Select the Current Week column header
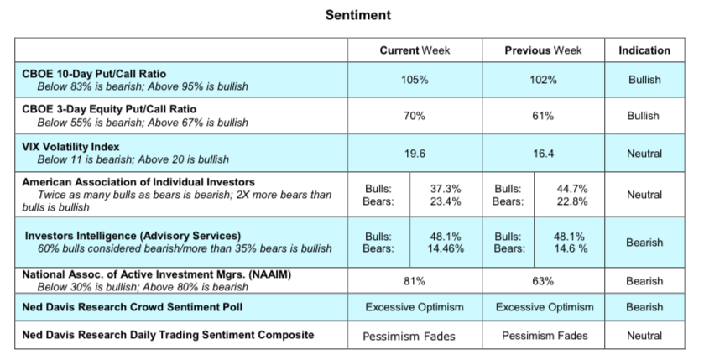[x=415, y=50]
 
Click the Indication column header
[x=644, y=50]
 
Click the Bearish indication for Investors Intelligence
[x=644, y=243]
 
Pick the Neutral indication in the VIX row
[x=644, y=153]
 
